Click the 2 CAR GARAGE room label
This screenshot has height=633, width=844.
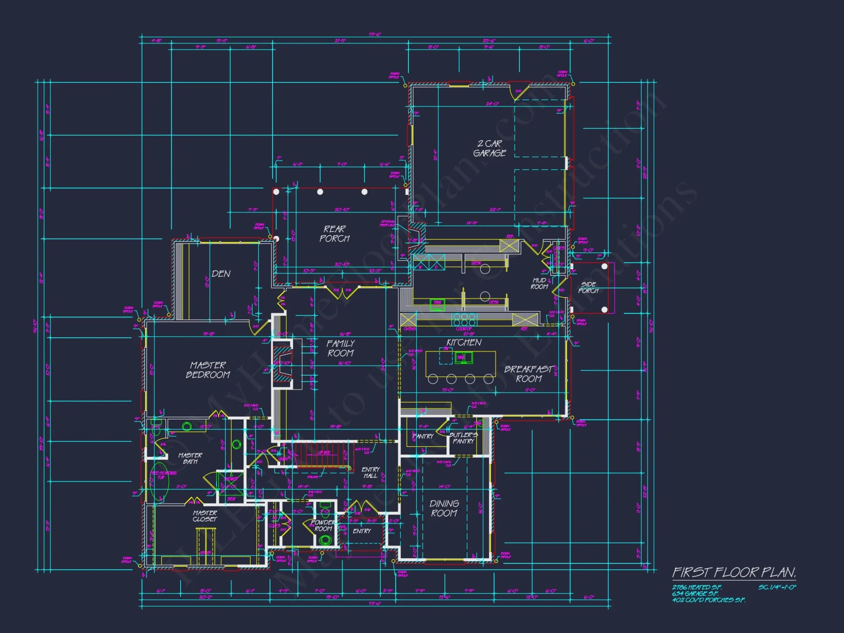click(x=490, y=148)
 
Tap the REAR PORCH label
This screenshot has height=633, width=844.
click(x=335, y=233)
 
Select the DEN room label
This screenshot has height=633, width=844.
click(x=221, y=274)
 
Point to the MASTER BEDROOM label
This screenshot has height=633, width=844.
click(x=208, y=370)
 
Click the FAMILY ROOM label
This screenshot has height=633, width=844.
click(x=341, y=348)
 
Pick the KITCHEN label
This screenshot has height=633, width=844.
click(x=464, y=342)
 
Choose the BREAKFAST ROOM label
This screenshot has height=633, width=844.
click(x=528, y=374)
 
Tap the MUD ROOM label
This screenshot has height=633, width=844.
click(x=539, y=283)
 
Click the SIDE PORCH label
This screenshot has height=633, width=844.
click(x=588, y=287)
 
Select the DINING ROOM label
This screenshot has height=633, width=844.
click(x=444, y=508)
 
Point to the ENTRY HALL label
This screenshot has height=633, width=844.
click(x=371, y=472)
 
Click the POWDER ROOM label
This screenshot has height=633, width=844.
click(x=323, y=525)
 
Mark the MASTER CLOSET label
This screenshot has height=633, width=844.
click(x=205, y=516)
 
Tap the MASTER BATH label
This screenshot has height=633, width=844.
click(x=190, y=458)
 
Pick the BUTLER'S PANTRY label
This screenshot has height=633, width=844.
click(x=463, y=438)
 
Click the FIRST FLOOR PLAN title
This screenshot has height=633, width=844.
click(x=734, y=572)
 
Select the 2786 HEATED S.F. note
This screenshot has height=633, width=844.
click(x=697, y=587)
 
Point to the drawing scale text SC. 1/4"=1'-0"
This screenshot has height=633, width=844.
click(x=777, y=587)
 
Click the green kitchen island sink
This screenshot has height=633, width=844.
click(x=463, y=358)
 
